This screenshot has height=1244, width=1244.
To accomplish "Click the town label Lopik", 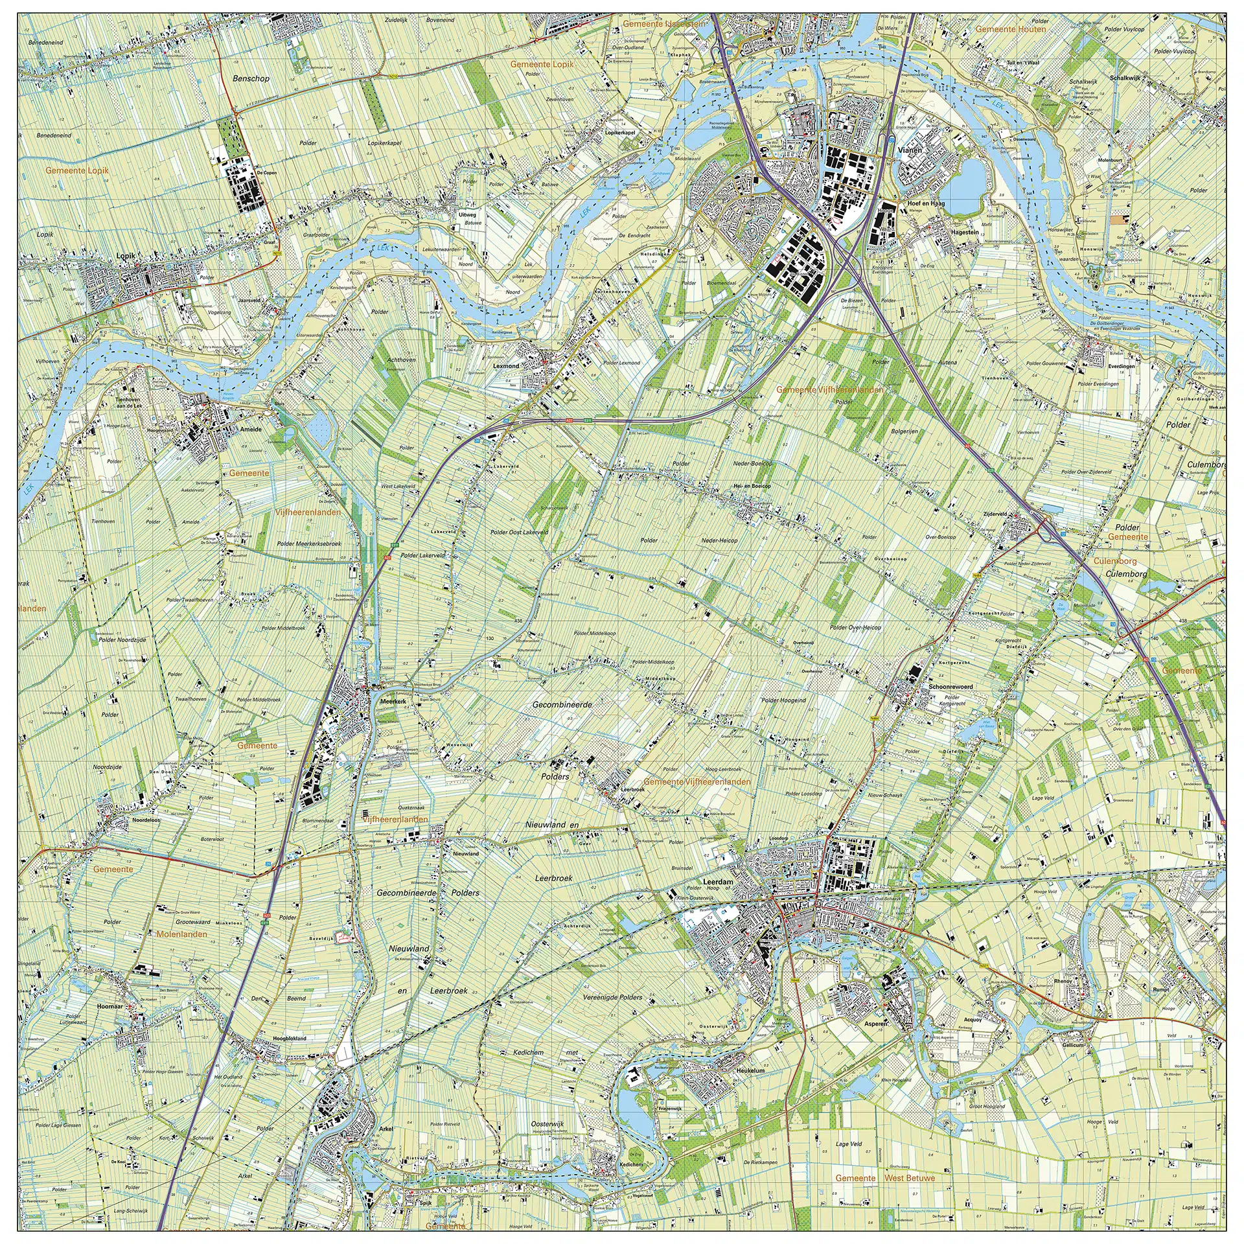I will coord(126,256).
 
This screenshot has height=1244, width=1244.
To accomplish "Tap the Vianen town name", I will coord(910,150).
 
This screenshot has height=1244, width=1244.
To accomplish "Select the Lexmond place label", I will coord(506,366).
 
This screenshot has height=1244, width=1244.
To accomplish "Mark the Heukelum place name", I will coord(750,1071).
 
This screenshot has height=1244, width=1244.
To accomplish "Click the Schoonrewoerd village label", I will coord(950,687).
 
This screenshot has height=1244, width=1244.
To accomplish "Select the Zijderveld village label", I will coord(995,514).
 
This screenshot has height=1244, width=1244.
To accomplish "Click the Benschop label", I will coord(251,78).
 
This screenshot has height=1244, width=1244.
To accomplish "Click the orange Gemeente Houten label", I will coord(1010,30).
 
